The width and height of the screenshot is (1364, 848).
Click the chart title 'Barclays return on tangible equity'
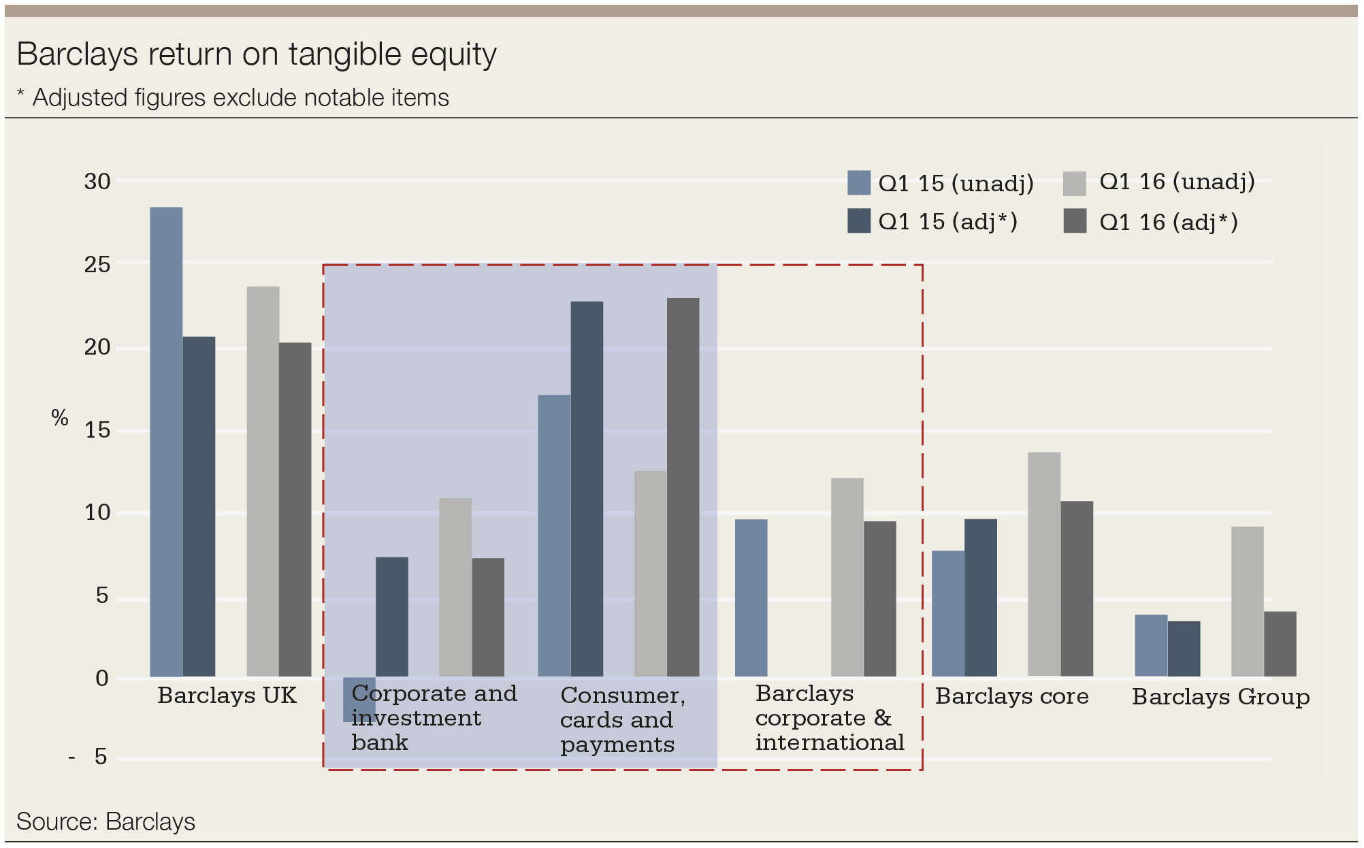pyautogui.click(x=257, y=54)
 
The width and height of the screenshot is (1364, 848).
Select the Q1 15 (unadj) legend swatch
pyautogui.click(x=858, y=183)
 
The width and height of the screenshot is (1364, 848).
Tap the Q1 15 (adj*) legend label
pyautogui.click(x=947, y=222)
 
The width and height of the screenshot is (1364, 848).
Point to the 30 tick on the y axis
pyautogui.click(x=97, y=182)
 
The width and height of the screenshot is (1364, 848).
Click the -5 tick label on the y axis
pyautogui.click(x=90, y=757)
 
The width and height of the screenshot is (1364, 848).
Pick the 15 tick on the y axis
pyautogui.click(x=97, y=430)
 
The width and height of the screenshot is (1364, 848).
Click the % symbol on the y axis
pyautogui.click(x=60, y=418)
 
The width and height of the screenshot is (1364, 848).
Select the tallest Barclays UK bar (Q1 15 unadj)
pyautogui.click(x=166, y=442)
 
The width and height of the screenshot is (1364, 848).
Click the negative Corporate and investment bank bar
pyautogui.click(x=359, y=700)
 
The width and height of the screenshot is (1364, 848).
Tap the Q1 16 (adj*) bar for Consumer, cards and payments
pyautogui.click(x=683, y=487)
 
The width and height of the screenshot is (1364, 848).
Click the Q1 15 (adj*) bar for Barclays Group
pyautogui.click(x=1184, y=649)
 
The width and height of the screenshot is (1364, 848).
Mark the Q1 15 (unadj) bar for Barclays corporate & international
pyautogui.click(x=751, y=598)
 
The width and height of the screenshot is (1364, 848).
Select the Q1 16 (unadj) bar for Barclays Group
pyautogui.click(x=1247, y=601)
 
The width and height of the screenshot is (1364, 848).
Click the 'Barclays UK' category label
pyautogui.click(x=227, y=696)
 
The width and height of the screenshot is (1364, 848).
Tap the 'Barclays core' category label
pyautogui.click(x=1011, y=696)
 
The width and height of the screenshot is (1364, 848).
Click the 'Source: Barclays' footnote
pyautogui.click(x=105, y=821)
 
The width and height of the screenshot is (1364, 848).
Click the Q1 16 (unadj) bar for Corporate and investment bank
pyautogui.click(x=455, y=587)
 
